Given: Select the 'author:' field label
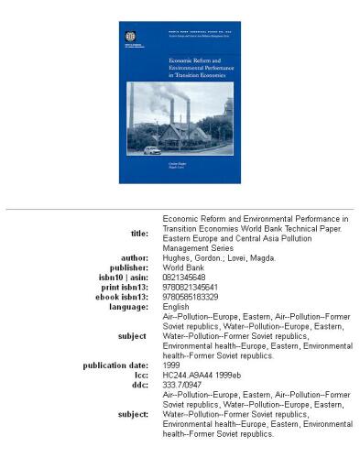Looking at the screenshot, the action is click(x=135, y=257).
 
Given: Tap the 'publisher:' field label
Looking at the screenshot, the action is click(x=131, y=267).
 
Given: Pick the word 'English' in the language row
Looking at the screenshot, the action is click(x=177, y=308).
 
